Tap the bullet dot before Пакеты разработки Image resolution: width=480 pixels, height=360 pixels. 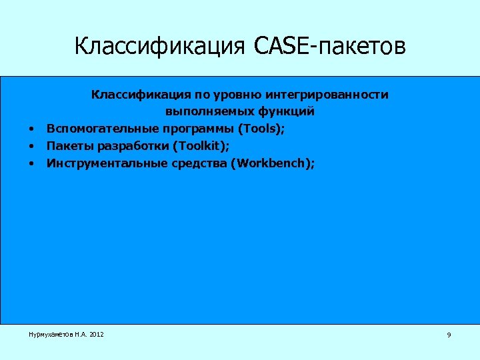pos(31,145)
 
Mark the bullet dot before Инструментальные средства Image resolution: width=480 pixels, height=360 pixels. pos(31,162)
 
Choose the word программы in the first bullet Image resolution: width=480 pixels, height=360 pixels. pos(194,128)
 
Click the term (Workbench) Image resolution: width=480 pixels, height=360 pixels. pos(270,161)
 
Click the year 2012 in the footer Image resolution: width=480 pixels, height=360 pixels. pos(96,333)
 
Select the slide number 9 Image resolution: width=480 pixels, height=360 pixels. pos(449,335)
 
